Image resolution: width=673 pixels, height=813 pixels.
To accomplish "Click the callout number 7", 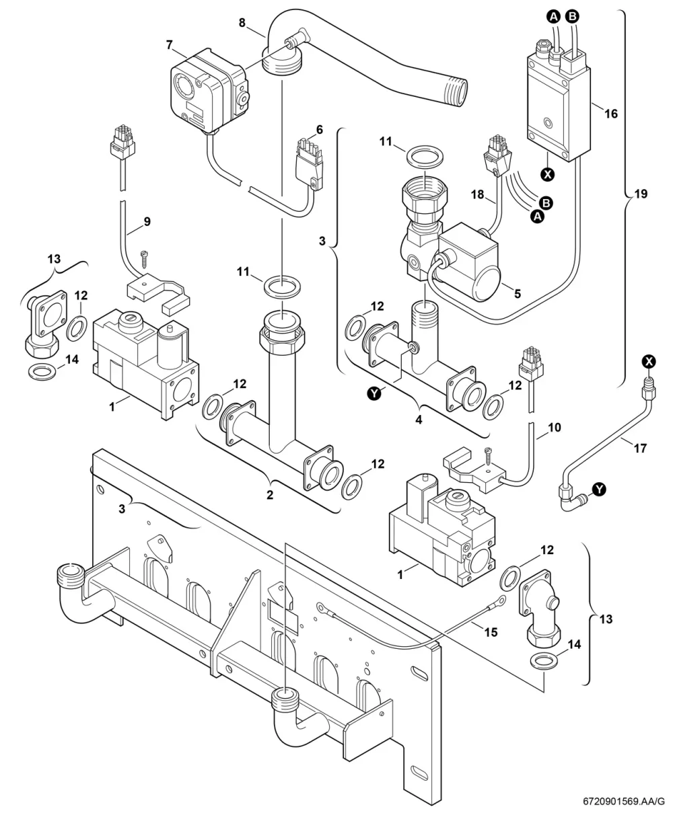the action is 169,45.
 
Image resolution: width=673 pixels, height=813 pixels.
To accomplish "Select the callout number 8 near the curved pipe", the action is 242,23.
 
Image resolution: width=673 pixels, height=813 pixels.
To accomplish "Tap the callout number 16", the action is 611,114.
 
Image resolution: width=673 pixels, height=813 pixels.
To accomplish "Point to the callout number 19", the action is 641,194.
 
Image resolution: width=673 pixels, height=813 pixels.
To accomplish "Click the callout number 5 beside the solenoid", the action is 518,294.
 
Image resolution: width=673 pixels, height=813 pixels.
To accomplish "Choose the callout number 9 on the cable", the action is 147,221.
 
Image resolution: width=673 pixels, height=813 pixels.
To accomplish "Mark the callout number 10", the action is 554,428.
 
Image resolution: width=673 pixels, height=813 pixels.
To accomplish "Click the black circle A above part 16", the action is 554,17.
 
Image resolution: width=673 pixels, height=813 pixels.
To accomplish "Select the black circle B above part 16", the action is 573,16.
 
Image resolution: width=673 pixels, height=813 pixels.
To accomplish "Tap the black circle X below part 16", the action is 548,174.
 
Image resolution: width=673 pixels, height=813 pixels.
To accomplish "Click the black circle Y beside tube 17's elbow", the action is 600,490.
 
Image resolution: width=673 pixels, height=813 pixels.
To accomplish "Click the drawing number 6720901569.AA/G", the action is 624,802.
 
